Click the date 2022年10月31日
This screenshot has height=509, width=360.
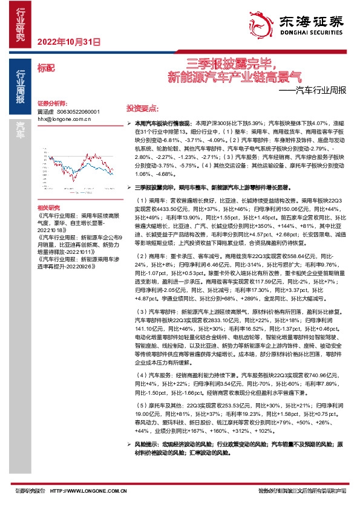point(68,42)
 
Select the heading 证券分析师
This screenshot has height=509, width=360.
point(52,103)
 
